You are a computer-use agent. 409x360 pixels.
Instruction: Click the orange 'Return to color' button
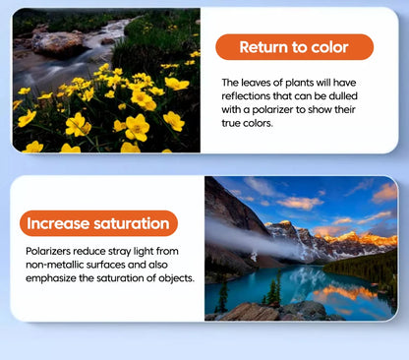[294, 47]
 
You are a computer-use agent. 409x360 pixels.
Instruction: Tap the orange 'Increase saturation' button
[98, 223]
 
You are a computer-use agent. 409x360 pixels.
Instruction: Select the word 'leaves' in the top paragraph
[257, 83]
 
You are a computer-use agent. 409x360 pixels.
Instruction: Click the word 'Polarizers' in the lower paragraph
[48, 251]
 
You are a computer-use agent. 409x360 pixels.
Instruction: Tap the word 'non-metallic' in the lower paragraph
[52, 265]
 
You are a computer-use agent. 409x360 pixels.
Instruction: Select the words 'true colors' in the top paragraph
[247, 123]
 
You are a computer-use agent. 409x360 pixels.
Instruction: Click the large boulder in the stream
[58, 44]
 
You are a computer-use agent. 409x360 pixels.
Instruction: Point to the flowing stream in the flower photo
[66, 59]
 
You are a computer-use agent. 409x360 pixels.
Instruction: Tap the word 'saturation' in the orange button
[132, 223]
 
